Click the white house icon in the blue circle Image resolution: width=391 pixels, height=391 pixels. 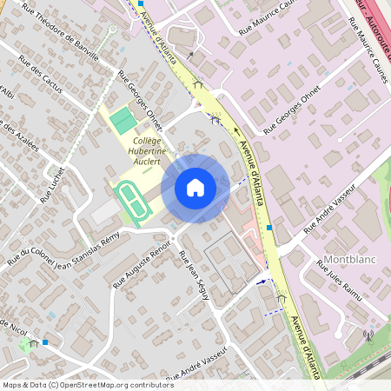coord(195,188)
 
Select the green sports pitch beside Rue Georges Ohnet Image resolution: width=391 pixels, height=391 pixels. coord(124,120)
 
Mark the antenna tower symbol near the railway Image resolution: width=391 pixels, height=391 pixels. coord(369,335)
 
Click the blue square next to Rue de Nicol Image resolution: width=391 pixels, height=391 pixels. coord(45,342)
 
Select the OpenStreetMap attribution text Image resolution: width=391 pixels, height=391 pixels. coord(87,385)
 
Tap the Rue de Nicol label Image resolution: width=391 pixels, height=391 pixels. coord(12,328)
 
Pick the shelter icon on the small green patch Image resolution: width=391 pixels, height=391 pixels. coord(33,343)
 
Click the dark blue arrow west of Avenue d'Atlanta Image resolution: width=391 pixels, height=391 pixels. coord(260,282)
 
